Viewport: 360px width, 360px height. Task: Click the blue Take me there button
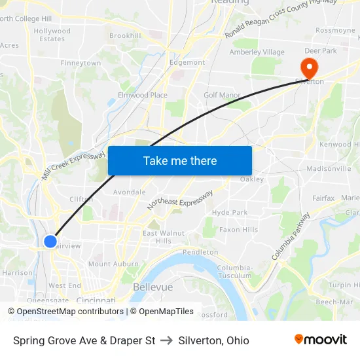click(x=180, y=160)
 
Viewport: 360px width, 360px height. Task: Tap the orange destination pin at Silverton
click(x=308, y=67)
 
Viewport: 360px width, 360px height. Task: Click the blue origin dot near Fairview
click(x=50, y=242)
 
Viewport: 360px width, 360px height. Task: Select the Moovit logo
click(x=321, y=340)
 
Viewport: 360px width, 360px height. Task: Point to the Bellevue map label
click(x=153, y=287)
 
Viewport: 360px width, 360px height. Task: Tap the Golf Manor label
click(x=222, y=95)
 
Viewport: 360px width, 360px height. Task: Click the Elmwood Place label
click(x=142, y=95)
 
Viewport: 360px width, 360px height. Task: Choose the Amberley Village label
click(x=257, y=52)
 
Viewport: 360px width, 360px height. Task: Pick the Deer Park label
click(x=321, y=50)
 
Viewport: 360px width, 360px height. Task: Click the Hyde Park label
click(x=230, y=212)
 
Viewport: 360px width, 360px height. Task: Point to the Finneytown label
click(x=81, y=63)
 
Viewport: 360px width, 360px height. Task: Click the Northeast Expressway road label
click(x=180, y=200)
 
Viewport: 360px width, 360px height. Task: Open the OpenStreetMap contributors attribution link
click(x=70, y=312)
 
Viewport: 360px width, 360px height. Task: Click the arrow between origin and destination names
click(x=167, y=340)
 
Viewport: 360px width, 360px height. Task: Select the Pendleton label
click(x=200, y=252)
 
